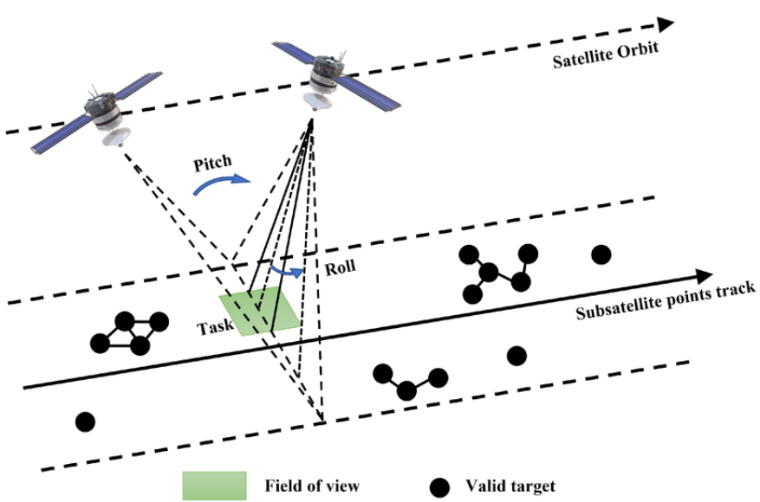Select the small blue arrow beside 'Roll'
point(288,271)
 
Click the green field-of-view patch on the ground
point(260,312)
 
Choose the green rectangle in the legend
point(214,485)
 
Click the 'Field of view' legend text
point(312,486)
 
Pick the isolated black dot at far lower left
point(84,422)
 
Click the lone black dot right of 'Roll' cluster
point(601,254)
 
